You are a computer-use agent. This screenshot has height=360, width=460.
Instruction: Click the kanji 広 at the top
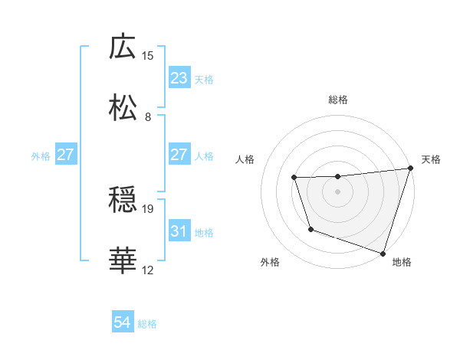[123, 47]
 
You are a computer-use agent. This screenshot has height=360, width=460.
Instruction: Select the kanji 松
[123, 108]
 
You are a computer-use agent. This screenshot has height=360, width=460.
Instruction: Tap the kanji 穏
[123, 200]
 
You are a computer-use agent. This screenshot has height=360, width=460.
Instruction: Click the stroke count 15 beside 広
[148, 55]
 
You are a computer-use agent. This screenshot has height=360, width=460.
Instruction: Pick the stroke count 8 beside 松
[148, 116]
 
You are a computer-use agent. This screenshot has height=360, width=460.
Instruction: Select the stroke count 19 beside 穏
[148, 208]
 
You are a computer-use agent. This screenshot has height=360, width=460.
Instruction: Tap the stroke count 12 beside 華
[148, 270]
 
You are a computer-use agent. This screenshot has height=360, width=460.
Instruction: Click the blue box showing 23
[179, 77]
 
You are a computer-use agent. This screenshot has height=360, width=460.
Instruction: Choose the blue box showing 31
[179, 231]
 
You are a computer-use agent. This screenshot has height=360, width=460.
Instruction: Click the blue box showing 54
[123, 322]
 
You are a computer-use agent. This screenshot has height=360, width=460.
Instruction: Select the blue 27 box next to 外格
[66, 154]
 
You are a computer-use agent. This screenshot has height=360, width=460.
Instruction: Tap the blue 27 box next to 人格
[179, 154]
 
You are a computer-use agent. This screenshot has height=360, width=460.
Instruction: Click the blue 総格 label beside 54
[147, 324]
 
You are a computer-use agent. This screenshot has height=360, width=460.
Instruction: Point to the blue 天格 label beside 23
[204, 79]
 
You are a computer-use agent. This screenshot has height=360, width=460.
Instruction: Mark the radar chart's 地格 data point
[383, 253]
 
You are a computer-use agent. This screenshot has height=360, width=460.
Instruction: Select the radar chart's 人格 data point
[294, 178]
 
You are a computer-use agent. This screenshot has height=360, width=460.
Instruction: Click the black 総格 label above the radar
[337, 100]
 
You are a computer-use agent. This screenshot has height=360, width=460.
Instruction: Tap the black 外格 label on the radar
[270, 262]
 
